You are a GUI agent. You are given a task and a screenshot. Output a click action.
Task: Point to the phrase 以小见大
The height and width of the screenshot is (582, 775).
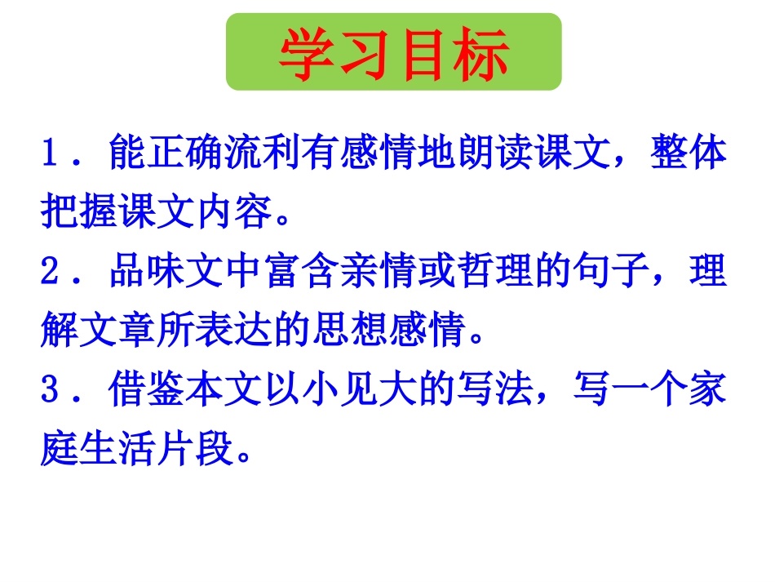tap(348, 390)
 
